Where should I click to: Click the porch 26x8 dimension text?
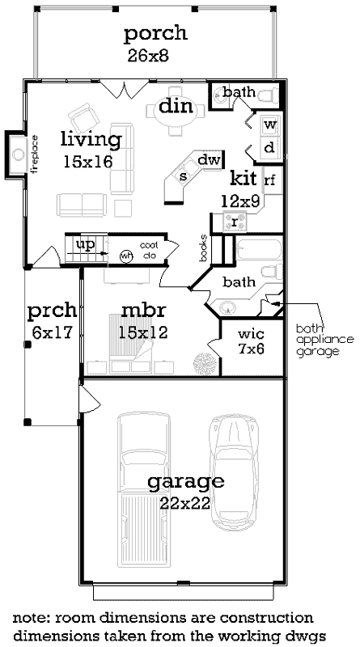pos(155,57)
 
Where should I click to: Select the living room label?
pos(91,139)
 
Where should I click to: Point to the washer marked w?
pos(270,125)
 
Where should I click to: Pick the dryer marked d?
pos(270,147)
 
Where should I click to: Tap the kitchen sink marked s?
pos(184,176)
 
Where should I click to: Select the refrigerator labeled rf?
pos(270,180)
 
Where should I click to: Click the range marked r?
pos(235,221)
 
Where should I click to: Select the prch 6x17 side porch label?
pos(51,319)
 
